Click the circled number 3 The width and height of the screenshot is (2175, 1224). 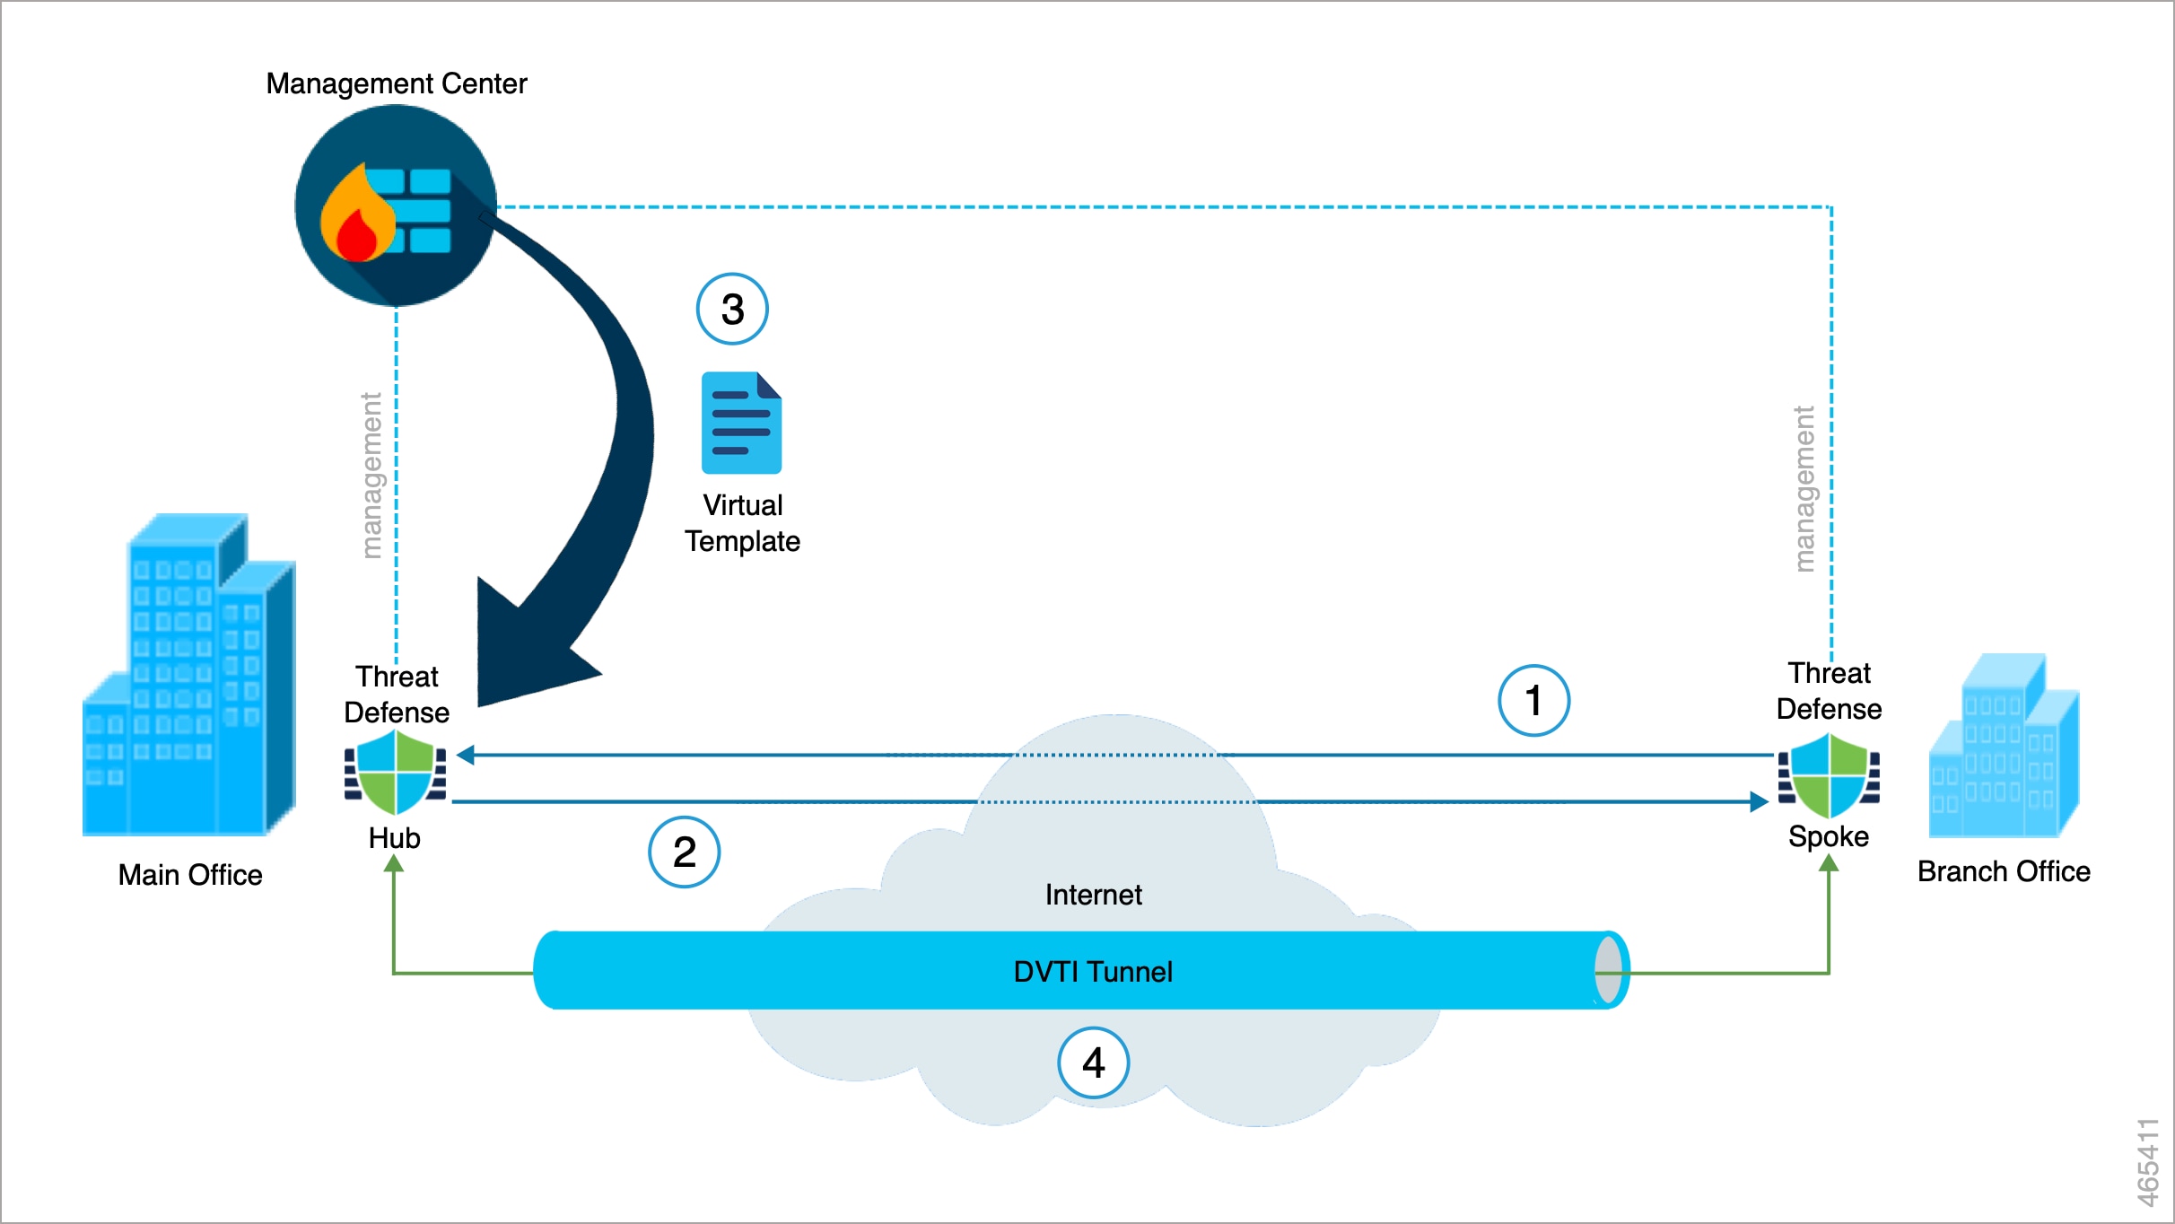732,310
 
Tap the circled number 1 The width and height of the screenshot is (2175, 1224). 1533,701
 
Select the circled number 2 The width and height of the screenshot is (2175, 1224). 684,852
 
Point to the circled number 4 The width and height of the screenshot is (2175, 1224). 1093,1063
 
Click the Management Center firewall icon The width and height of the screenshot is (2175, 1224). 395,205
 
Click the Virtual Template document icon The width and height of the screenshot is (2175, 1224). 741,423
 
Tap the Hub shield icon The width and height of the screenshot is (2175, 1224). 395,773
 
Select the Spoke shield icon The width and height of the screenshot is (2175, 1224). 1829,773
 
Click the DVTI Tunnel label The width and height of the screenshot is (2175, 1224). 1092,972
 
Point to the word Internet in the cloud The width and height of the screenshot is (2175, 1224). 1093,895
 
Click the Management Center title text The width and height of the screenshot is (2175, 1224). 396,83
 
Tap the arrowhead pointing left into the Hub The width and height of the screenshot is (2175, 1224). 466,756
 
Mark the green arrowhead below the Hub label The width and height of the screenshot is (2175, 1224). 394,864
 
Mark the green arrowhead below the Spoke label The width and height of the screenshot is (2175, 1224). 1829,863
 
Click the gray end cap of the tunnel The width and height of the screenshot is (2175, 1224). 1608,970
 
